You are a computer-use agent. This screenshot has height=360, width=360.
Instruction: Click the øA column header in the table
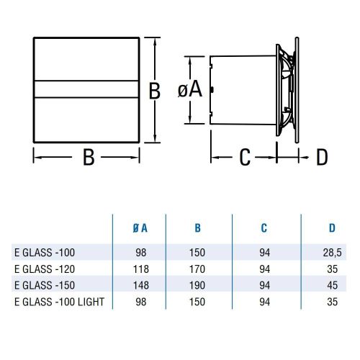click(140, 228)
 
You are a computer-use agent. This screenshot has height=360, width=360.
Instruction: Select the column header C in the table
click(264, 228)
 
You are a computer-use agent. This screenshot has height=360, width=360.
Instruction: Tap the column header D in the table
click(332, 228)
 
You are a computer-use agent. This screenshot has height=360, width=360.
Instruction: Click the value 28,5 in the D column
click(332, 253)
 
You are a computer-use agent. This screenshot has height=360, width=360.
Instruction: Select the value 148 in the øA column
click(140, 284)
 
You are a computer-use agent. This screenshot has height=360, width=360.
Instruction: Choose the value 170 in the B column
click(197, 269)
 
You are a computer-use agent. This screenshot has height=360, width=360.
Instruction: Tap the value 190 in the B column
click(197, 284)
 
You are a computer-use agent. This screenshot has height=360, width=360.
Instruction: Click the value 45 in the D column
click(332, 284)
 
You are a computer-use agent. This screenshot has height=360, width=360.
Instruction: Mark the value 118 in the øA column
click(140, 269)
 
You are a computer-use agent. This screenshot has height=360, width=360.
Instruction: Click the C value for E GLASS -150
click(264, 284)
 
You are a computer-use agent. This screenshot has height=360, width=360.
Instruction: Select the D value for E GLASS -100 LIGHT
click(332, 300)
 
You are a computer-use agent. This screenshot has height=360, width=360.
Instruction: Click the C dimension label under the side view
click(244, 156)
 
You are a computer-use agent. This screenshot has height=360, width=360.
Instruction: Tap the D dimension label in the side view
click(322, 156)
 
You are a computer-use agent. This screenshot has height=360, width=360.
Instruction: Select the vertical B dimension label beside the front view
click(153, 91)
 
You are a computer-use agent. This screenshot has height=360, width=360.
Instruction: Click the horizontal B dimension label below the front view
click(88, 158)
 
